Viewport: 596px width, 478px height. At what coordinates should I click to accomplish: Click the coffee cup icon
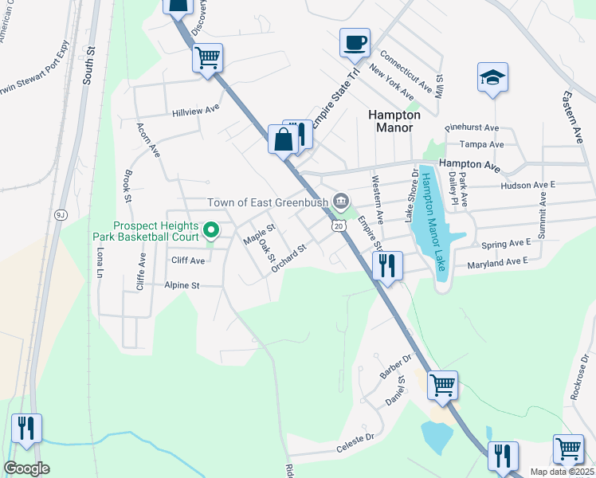(354, 42)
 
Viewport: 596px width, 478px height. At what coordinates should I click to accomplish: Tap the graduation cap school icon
(492, 77)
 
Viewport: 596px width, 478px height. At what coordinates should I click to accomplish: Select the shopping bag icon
(282, 139)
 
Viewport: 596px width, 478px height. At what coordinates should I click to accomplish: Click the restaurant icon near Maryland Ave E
(387, 264)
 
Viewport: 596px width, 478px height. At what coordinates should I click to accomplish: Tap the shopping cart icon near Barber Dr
(442, 385)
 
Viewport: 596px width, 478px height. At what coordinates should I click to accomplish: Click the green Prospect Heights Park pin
(211, 231)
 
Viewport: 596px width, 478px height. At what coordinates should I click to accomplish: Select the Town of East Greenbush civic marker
(342, 200)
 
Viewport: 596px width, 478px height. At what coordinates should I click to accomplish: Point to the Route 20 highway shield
(339, 228)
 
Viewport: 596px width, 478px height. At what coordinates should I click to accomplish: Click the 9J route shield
(61, 214)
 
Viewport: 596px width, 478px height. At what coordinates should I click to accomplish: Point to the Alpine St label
(182, 284)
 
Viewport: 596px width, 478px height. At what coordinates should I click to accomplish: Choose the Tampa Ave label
(487, 145)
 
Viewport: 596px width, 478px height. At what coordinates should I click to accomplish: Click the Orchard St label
(288, 260)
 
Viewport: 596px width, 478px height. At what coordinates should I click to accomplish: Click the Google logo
(27, 468)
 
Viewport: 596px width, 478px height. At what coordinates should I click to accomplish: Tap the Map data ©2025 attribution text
(562, 472)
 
